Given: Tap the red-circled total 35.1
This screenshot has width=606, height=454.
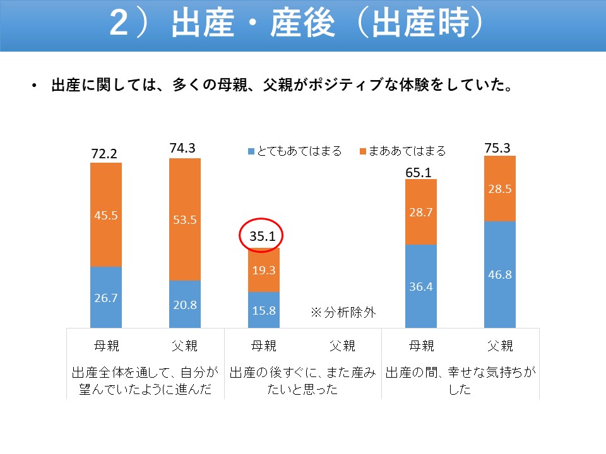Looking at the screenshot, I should click(x=263, y=237).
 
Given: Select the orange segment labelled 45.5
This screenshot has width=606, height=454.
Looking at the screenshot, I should click(x=106, y=214).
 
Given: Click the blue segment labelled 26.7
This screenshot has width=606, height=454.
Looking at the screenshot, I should click(x=106, y=297).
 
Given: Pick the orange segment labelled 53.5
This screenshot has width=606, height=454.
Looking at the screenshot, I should click(x=185, y=219).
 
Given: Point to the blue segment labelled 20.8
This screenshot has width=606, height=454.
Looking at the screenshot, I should click(x=185, y=304).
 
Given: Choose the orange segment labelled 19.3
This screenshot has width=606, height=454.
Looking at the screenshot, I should click(x=263, y=270).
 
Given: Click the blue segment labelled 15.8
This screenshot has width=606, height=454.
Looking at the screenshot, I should click(x=263, y=310).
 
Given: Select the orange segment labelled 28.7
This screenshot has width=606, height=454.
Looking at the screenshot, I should click(x=420, y=212).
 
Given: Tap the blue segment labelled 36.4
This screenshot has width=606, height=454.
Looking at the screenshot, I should click(x=420, y=286).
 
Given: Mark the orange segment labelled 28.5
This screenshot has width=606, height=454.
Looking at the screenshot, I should click(x=499, y=189).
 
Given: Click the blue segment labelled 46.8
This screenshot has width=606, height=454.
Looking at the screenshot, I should click(x=499, y=274).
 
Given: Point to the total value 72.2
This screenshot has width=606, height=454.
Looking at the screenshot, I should click(x=105, y=154).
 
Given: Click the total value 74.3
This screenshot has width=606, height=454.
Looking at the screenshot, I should click(x=183, y=148).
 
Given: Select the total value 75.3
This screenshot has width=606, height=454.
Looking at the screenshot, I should click(x=497, y=148).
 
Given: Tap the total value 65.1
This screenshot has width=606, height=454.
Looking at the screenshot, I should click(x=419, y=171).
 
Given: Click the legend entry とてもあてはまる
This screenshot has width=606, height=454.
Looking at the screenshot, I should click(x=295, y=151).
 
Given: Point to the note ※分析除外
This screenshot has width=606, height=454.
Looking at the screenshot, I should click(x=343, y=312).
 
